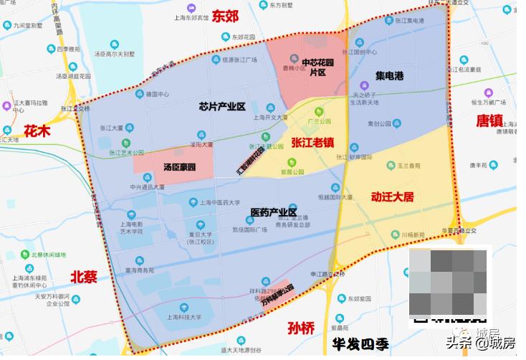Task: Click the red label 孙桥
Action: [300, 328]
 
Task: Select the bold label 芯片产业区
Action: [222, 107]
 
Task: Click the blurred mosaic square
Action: [449, 283]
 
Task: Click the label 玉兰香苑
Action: [410, 164]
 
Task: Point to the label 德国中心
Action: [157, 93]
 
